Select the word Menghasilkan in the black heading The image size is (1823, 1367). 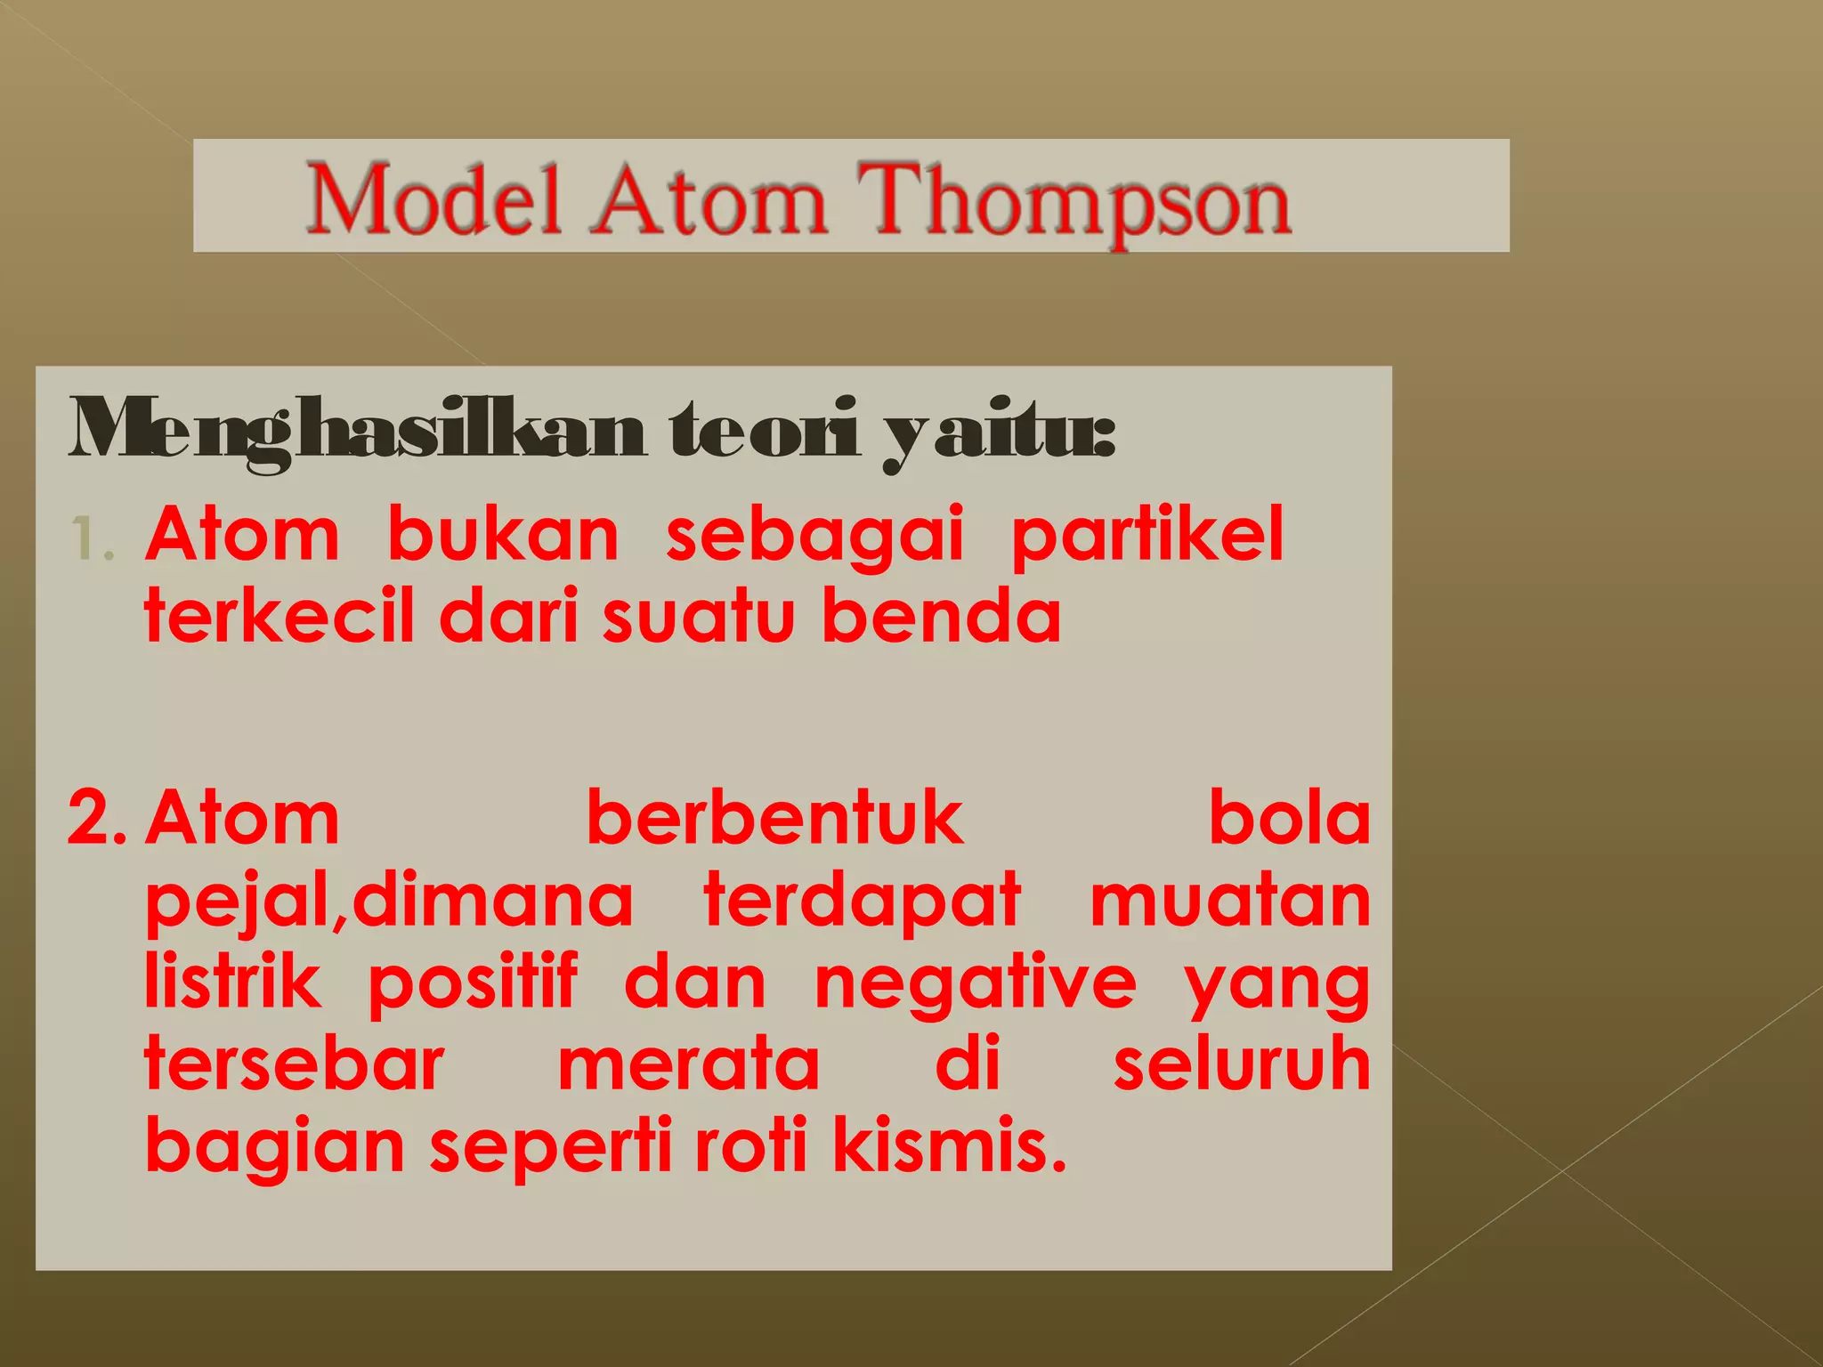pyautogui.click(x=356, y=432)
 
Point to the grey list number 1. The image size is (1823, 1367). pyautogui.click(x=92, y=539)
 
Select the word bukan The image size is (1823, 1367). pyautogui.click(x=503, y=536)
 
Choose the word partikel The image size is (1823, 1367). pyautogui.click(x=1147, y=536)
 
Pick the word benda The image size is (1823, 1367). pyautogui.click(x=941, y=616)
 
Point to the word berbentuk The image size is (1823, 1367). pyautogui.click(x=774, y=818)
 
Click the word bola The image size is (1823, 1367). pyautogui.click(x=1289, y=818)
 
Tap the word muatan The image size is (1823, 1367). pyautogui.click(x=1230, y=901)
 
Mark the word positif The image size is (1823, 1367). pyautogui.click(x=473, y=984)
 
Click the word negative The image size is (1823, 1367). pyautogui.click(x=976, y=984)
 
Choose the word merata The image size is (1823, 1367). pyautogui.click(x=688, y=1064)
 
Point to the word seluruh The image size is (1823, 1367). pyautogui.click(x=1242, y=1064)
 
